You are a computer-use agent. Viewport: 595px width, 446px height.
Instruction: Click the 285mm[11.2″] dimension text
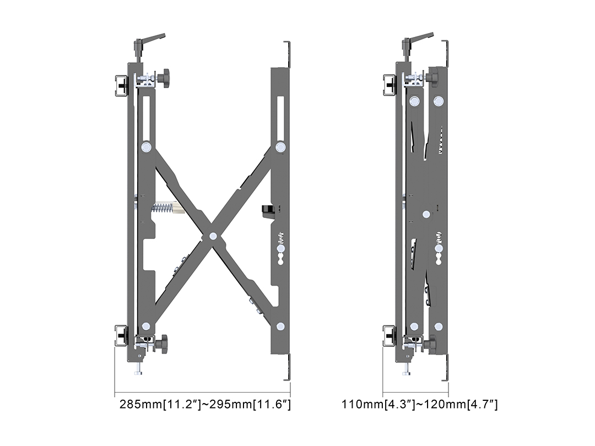160,404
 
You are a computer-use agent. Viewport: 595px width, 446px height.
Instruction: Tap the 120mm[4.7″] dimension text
461,404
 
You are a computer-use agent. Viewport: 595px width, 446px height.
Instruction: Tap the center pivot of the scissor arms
213,236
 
